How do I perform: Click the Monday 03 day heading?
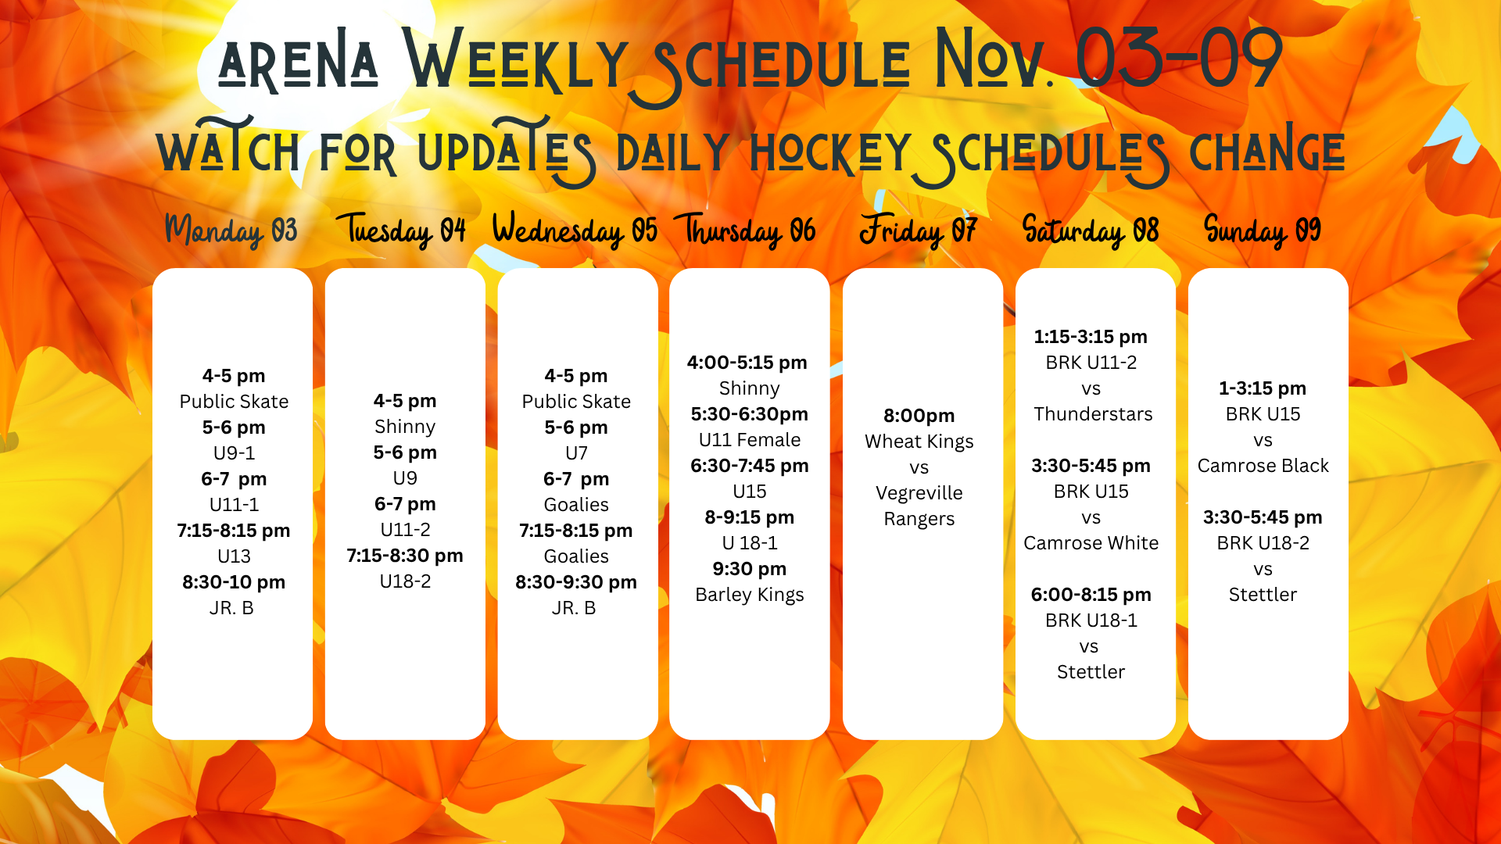[231, 231]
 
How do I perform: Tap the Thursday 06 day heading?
[750, 231]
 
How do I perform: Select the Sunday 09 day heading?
[1263, 231]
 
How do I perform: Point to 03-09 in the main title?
[1179, 59]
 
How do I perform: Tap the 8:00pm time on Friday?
[919, 416]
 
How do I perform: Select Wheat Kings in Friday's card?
[919, 442]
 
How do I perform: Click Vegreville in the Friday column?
[919, 493]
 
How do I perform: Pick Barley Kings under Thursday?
[750, 595]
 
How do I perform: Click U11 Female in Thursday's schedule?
[750, 440]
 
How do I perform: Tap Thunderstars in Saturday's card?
[1093, 414]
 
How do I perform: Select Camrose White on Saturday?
[1091, 543]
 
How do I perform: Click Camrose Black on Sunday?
[1263, 466]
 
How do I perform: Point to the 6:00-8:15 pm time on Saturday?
[1091, 595]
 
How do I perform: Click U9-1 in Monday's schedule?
[235, 453]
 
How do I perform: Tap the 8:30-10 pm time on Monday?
[234, 582]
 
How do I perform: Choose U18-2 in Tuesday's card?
[405, 581]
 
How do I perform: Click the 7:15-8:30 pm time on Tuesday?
[405, 556]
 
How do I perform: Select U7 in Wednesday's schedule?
[576, 453]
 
